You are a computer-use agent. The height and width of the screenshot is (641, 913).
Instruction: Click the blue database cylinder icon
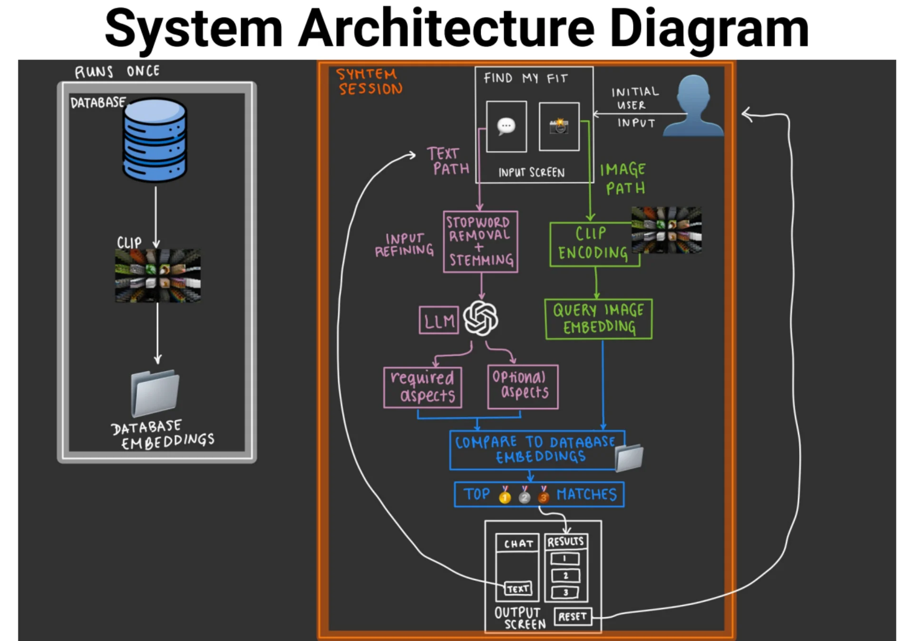[x=155, y=140]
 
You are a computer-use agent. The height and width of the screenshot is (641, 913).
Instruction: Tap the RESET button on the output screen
[x=573, y=617]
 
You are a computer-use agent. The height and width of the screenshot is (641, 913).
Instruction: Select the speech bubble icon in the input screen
[x=506, y=127]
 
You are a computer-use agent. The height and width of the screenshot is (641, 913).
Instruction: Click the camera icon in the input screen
[x=559, y=126]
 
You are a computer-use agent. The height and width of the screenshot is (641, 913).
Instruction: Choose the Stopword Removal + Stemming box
[x=480, y=242]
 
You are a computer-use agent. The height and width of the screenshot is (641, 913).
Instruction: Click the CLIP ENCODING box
[x=594, y=244]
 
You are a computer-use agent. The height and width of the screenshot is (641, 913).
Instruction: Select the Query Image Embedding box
[x=598, y=319]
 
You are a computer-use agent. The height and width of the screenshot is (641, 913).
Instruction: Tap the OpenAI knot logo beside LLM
[x=481, y=318]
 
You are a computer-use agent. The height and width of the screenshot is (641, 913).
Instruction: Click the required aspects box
[x=423, y=387]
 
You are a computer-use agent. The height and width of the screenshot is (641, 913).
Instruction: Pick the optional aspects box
[x=523, y=386]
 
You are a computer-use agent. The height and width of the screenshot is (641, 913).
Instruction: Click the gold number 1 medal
[x=505, y=495]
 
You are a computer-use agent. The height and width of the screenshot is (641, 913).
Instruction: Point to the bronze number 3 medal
[x=544, y=495]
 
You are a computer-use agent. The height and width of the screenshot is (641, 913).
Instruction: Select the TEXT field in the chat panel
[x=518, y=589]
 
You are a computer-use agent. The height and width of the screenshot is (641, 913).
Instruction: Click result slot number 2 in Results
[x=565, y=576]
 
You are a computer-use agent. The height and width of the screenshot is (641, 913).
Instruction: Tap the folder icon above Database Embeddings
[x=155, y=393]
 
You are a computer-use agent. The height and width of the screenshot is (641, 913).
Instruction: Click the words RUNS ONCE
[x=117, y=71]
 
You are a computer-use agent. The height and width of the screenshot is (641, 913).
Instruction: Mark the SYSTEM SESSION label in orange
[x=369, y=81]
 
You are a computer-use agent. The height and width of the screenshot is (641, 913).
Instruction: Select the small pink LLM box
[x=439, y=320]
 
